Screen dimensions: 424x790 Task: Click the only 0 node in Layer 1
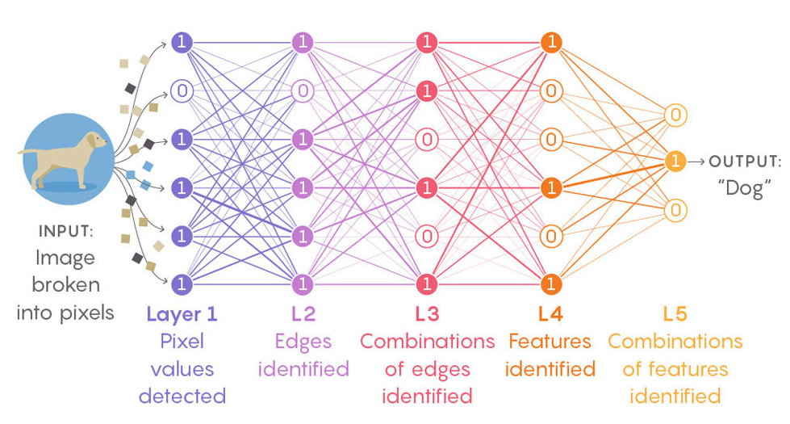tap(182, 90)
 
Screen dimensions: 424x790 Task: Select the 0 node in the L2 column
tap(303, 90)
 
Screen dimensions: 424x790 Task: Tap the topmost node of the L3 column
tap(427, 42)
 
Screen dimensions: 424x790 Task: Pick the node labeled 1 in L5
tap(676, 162)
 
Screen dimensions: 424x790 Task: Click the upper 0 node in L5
tap(676, 115)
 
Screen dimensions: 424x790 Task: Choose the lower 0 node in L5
tap(676, 210)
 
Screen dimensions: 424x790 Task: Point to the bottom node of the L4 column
tap(551, 284)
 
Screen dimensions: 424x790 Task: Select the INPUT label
tap(65, 232)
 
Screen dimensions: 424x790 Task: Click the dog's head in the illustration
tap(94, 141)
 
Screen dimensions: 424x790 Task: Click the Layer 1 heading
tap(182, 313)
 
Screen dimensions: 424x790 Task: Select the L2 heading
tap(303, 313)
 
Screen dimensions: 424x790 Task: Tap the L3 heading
tap(427, 313)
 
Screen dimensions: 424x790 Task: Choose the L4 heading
tap(550, 313)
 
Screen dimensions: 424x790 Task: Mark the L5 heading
tap(675, 313)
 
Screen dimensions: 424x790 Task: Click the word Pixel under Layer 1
tap(182, 341)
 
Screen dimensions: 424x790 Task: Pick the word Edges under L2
tap(303, 341)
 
